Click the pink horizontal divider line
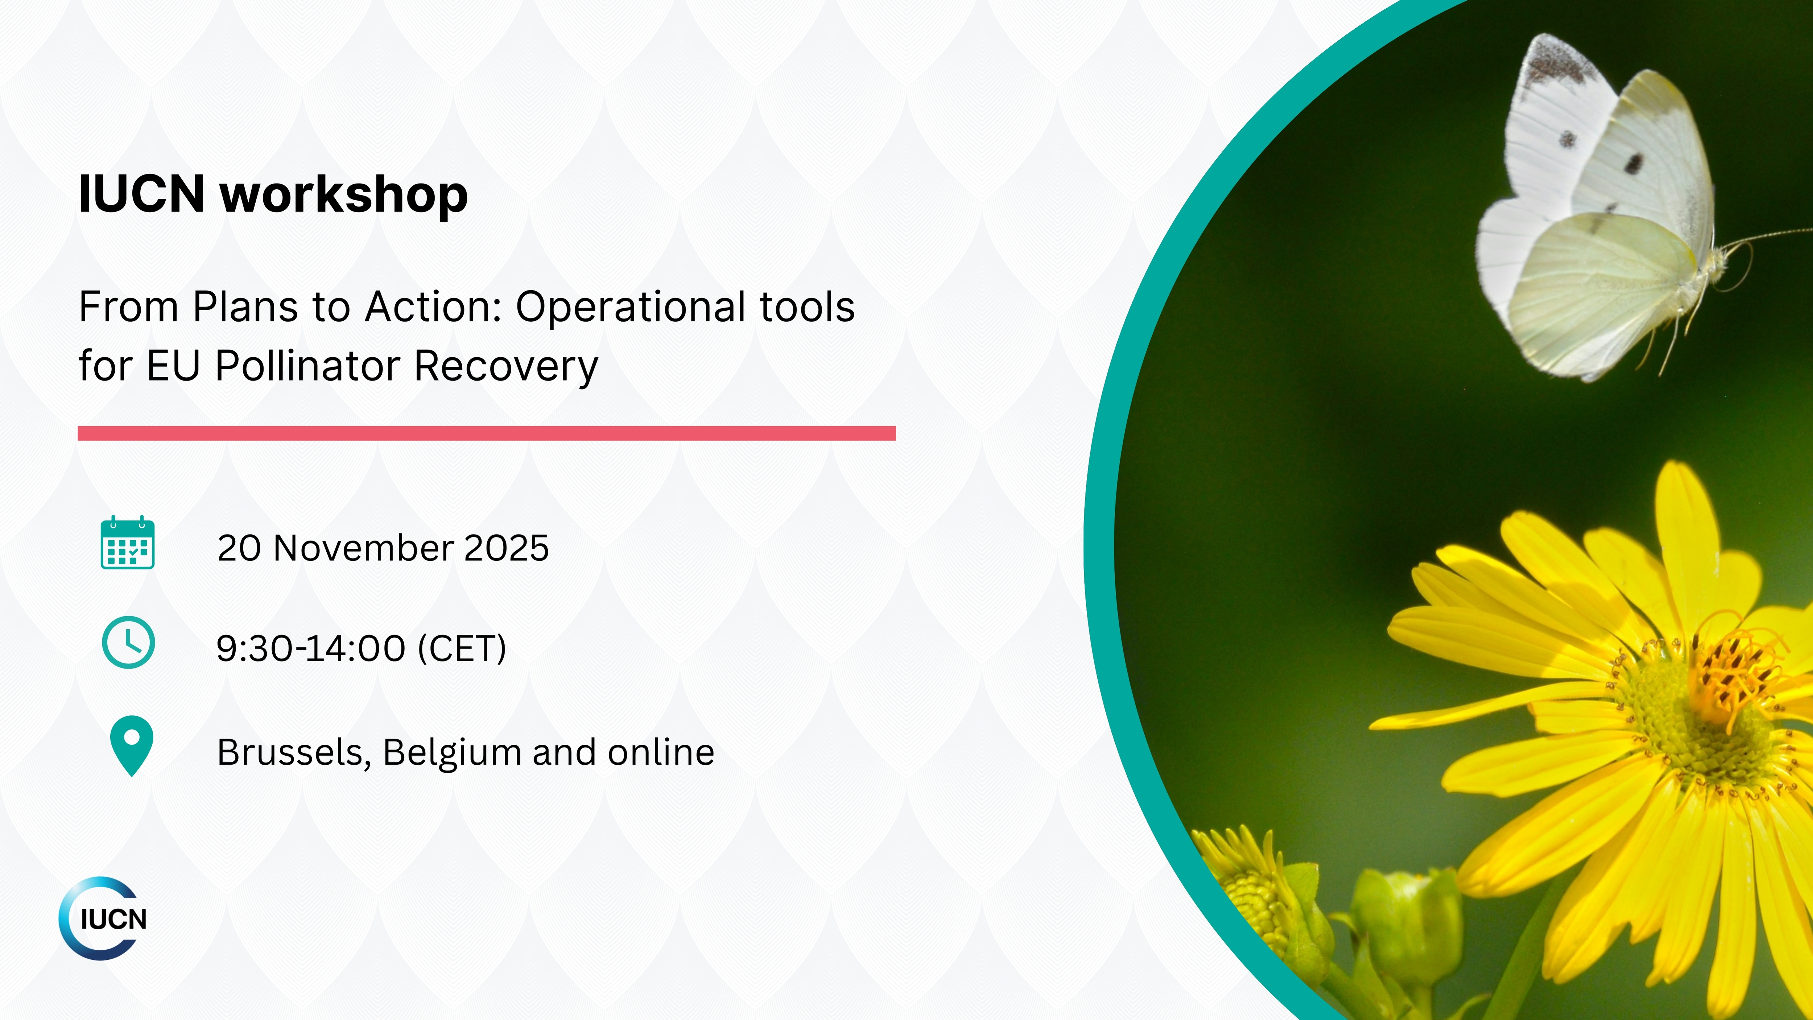(486, 433)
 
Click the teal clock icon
(128, 642)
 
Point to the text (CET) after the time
(462, 648)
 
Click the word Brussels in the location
(294, 753)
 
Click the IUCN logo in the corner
(103, 919)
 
